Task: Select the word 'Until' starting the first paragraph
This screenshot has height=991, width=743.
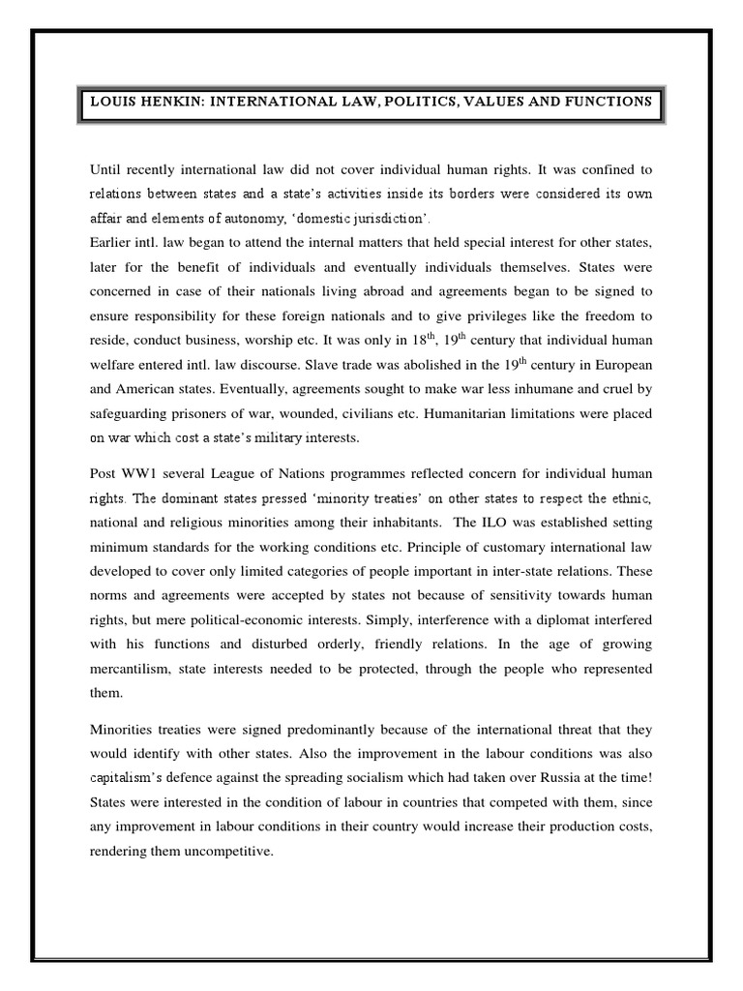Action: [105, 166]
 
